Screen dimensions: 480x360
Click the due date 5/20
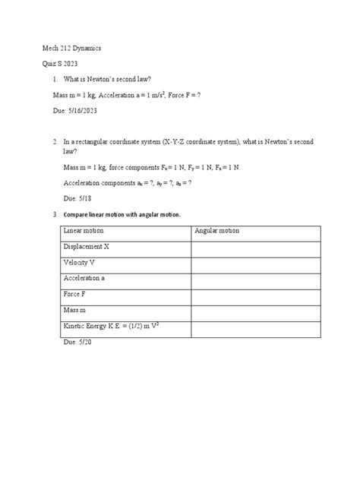click(x=83, y=343)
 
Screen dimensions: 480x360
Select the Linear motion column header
click(x=87, y=231)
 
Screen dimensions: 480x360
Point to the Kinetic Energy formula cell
click(x=115, y=327)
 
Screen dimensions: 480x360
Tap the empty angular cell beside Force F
click(x=255, y=294)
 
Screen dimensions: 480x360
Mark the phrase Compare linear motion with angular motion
click(x=126, y=214)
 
